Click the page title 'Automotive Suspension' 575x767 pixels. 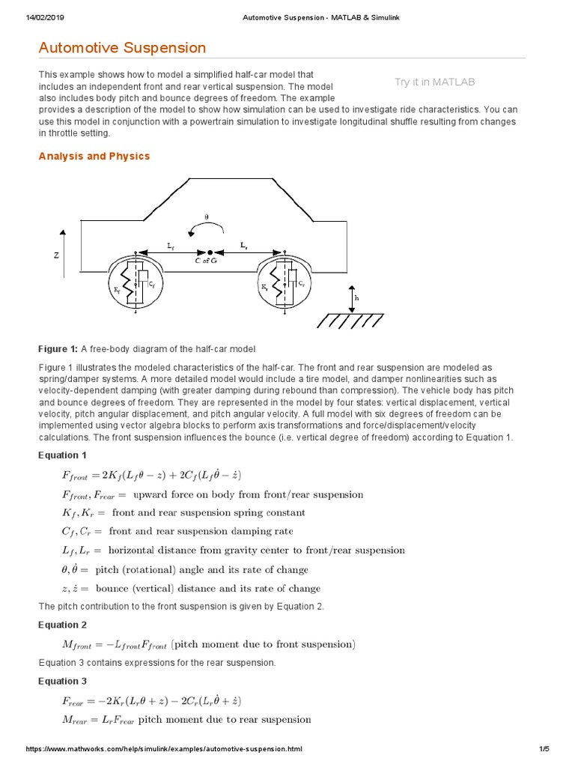[122, 48]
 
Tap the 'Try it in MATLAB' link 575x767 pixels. [434, 82]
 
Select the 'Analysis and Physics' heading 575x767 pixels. [94, 156]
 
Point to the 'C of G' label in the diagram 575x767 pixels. [207, 261]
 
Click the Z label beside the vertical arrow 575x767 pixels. [56, 255]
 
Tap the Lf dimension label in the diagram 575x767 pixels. [171, 245]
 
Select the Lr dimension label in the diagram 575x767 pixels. [244, 245]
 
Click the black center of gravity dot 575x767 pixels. [210, 252]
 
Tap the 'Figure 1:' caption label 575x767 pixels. [58, 349]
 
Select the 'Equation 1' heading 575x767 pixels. [63, 455]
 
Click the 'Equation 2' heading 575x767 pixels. [63, 625]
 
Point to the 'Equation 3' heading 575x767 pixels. [63, 681]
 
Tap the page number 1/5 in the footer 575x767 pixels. [544, 749]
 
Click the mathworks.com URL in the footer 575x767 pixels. [165, 749]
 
